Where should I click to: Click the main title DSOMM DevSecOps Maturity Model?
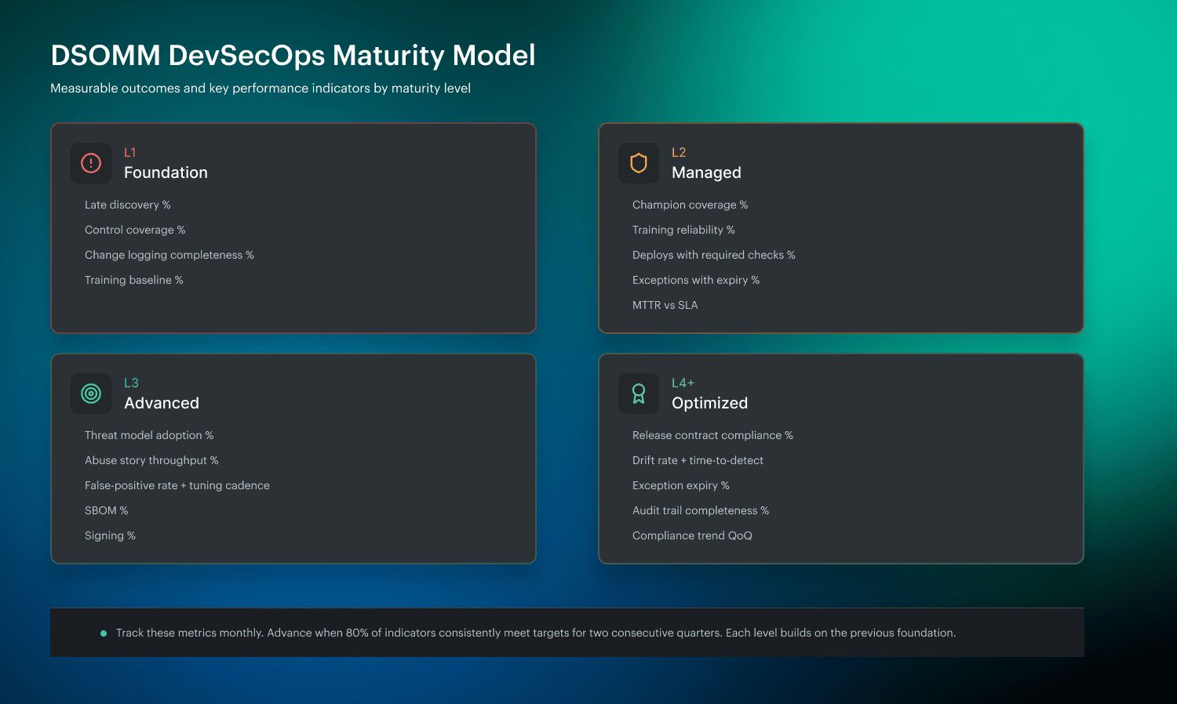(293, 56)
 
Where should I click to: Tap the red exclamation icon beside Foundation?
(91, 163)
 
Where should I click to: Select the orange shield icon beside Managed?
(639, 163)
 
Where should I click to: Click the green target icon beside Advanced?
(91, 394)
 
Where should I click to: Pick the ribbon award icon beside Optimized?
(639, 394)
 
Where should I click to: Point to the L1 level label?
(130, 152)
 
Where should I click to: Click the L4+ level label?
(683, 383)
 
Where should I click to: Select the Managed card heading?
(706, 172)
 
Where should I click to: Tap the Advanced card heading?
(162, 403)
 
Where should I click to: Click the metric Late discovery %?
(127, 205)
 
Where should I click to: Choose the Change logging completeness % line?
(169, 255)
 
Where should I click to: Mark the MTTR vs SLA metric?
(665, 305)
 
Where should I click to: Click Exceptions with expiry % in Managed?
(695, 280)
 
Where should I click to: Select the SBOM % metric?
(106, 510)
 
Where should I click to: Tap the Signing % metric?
(110, 535)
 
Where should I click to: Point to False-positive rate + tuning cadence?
(177, 485)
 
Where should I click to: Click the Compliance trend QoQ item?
(692, 535)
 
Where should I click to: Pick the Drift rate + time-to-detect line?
(698, 460)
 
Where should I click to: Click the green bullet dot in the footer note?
(104, 633)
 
